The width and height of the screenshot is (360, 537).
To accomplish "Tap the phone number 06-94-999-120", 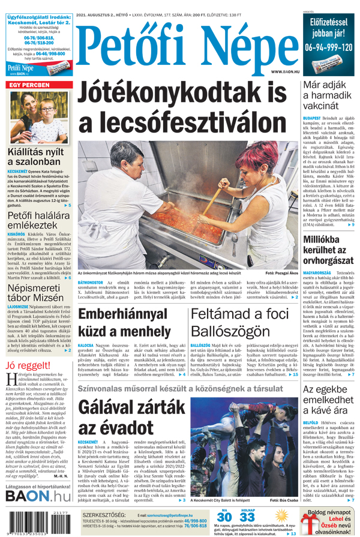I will [328, 47].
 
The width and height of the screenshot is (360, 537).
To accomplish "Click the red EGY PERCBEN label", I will [29, 86].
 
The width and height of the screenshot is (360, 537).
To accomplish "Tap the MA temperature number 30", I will [224, 517].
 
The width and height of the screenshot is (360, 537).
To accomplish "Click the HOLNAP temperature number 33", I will [247, 517].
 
